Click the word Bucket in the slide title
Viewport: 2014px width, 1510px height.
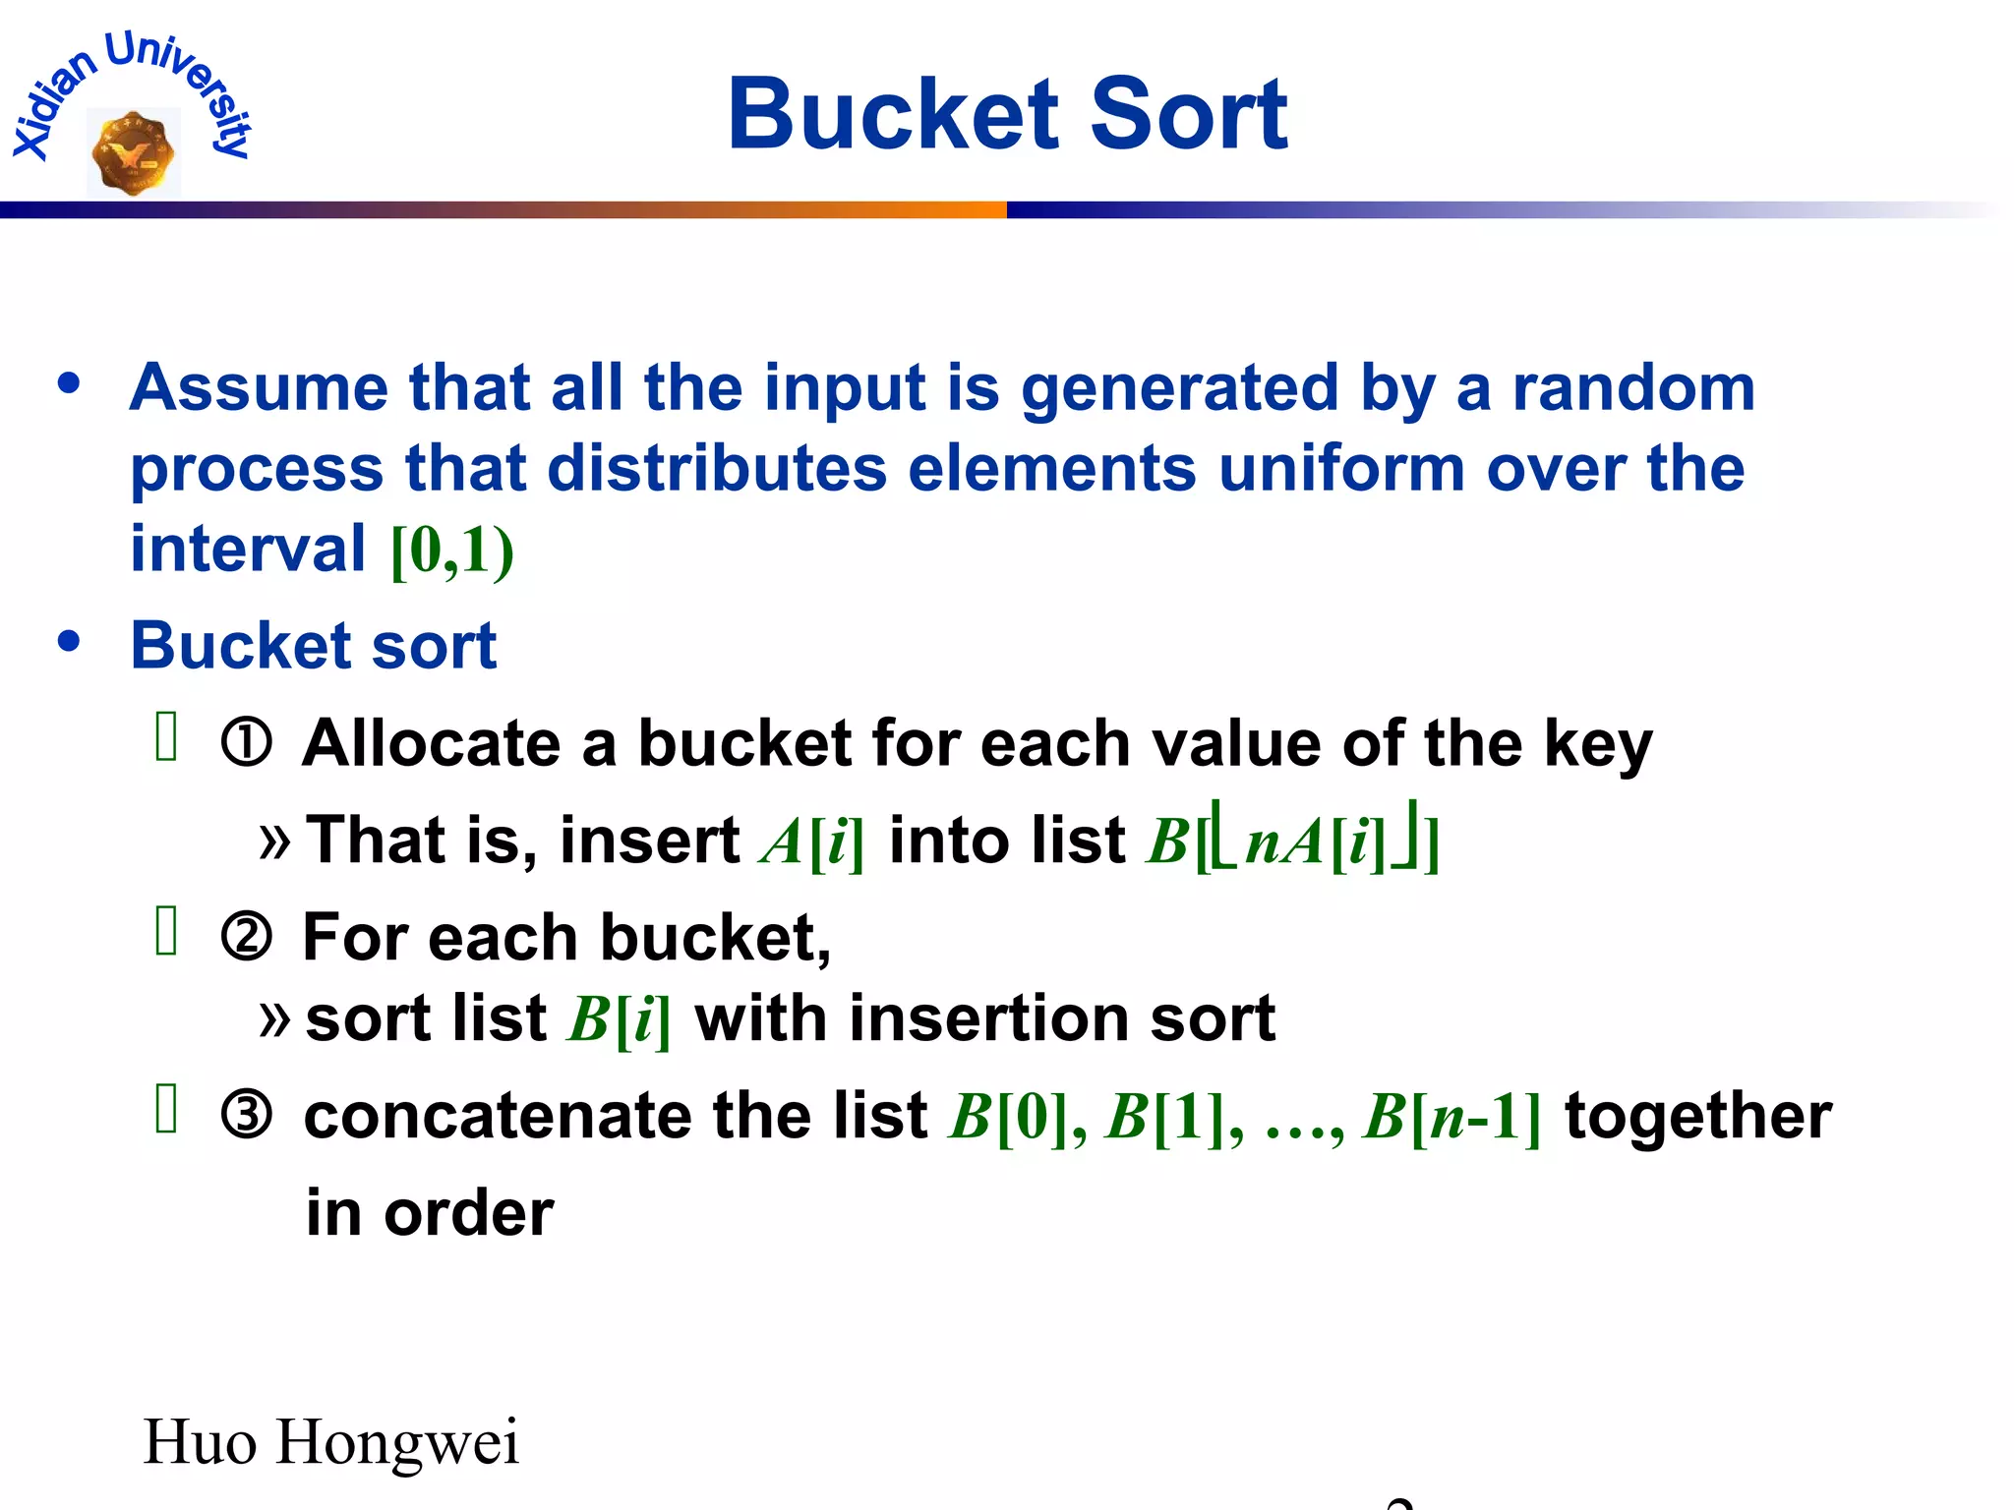pyautogui.click(x=893, y=115)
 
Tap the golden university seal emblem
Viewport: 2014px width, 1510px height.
pyautogui.click(x=133, y=153)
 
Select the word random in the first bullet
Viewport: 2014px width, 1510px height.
pyautogui.click(x=1633, y=387)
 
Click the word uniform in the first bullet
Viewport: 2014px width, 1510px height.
pyautogui.click(x=1341, y=468)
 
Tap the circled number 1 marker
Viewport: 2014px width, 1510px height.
pyautogui.click(x=246, y=743)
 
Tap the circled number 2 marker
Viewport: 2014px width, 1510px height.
pyautogui.click(x=246, y=937)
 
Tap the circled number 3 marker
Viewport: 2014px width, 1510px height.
pyautogui.click(x=246, y=1116)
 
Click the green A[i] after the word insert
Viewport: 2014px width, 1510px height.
pyautogui.click(x=812, y=842)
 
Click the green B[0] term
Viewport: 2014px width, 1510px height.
pyautogui.click(x=1008, y=1117)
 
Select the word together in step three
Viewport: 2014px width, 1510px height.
pyautogui.click(x=1698, y=1117)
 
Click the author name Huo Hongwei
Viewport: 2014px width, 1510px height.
pyautogui.click(x=331, y=1442)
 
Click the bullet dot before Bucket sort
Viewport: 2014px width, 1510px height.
pyautogui.click(x=69, y=642)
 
